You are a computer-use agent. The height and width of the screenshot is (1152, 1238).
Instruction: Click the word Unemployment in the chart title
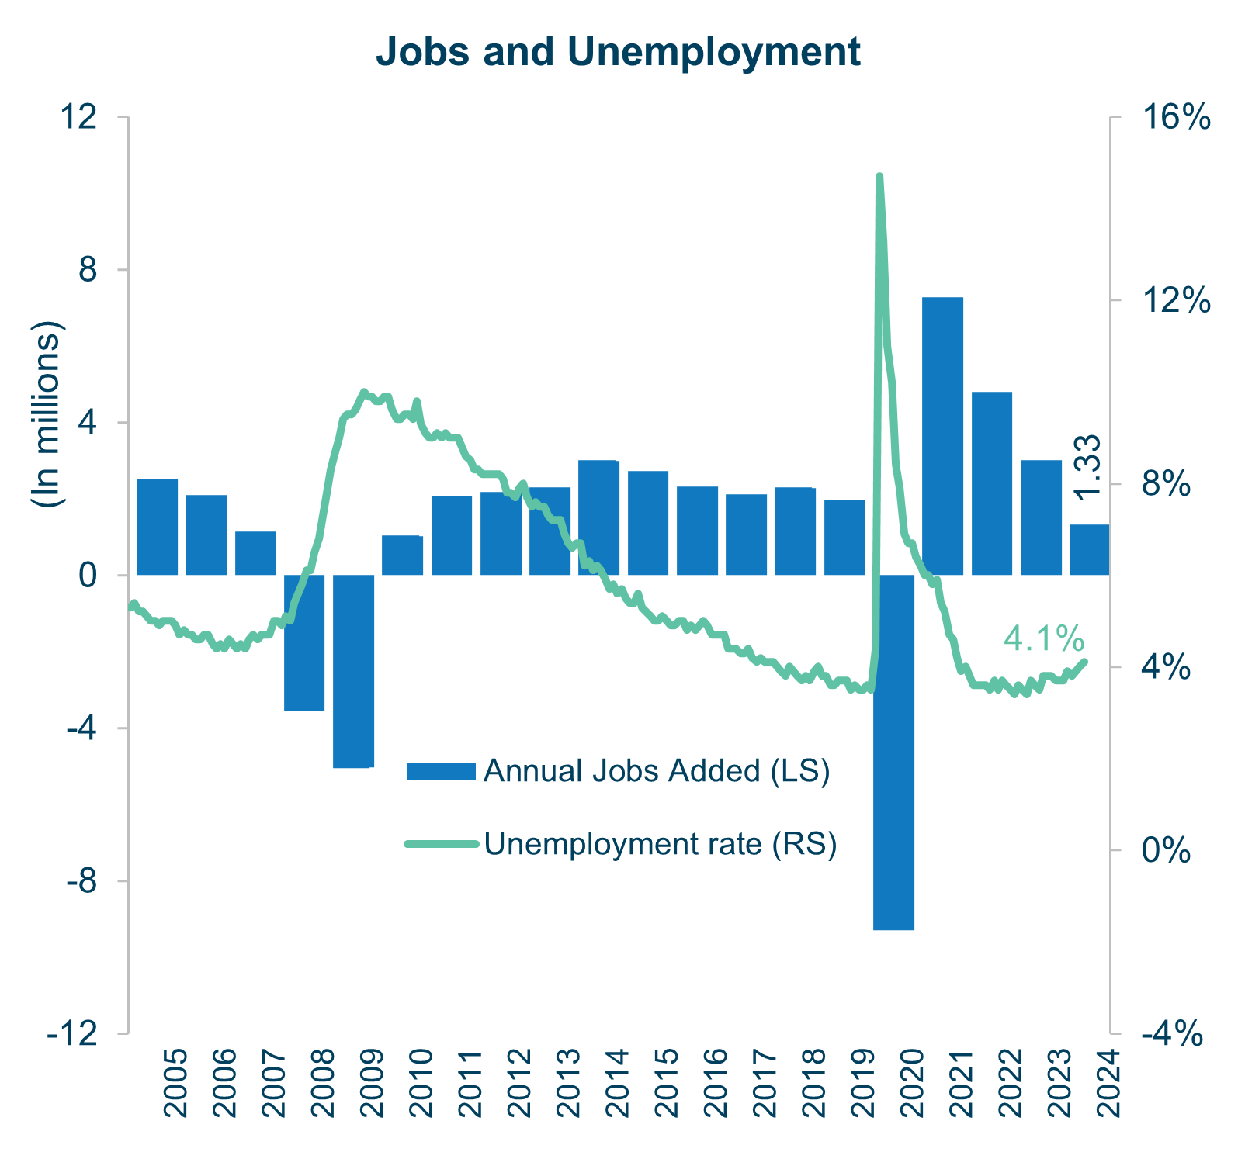[713, 53]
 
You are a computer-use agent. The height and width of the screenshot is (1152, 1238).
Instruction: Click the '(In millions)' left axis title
[47, 413]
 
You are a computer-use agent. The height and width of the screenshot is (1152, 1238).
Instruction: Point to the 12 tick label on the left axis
[79, 117]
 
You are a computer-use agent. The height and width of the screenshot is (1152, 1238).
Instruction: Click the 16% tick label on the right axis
[1176, 117]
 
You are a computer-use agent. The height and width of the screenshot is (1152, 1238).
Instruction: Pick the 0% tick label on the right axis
[1166, 851]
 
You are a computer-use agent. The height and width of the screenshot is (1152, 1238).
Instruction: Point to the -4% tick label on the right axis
[1171, 1034]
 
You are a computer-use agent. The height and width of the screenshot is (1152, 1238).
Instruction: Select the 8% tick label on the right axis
[1166, 484]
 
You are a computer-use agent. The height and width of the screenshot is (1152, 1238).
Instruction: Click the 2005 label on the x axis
[176, 1083]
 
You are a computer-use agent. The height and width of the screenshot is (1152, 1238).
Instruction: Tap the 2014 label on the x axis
[617, 1083]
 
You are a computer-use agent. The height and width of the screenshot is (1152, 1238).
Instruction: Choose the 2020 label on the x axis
[912, 1083]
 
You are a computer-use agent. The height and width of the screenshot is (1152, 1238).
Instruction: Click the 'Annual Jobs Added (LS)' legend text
[657, 771]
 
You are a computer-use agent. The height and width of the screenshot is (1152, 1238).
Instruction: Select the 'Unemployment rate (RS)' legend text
[661, 844]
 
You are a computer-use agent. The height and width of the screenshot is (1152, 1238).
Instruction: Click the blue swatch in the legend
[441, 771]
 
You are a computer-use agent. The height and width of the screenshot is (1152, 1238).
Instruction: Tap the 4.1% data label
[1044, 639]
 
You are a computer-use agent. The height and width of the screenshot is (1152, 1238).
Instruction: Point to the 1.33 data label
[1088, 467]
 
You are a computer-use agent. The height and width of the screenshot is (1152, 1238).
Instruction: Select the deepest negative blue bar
[893, 752]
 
